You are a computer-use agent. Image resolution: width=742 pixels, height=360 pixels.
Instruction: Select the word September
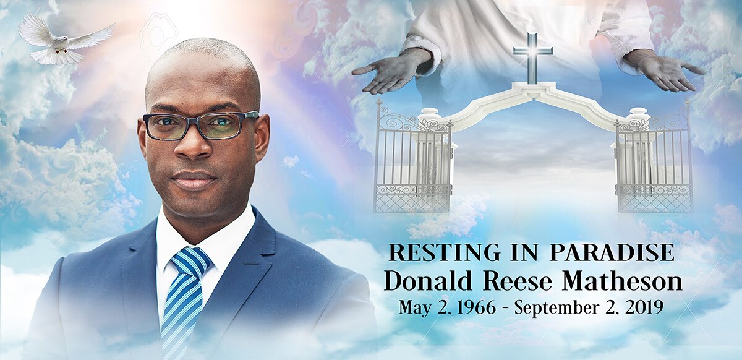[551, 307]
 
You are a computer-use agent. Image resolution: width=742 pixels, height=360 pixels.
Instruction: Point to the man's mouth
[194, 180]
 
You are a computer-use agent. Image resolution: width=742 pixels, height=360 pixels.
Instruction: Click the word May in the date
[411, 307]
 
